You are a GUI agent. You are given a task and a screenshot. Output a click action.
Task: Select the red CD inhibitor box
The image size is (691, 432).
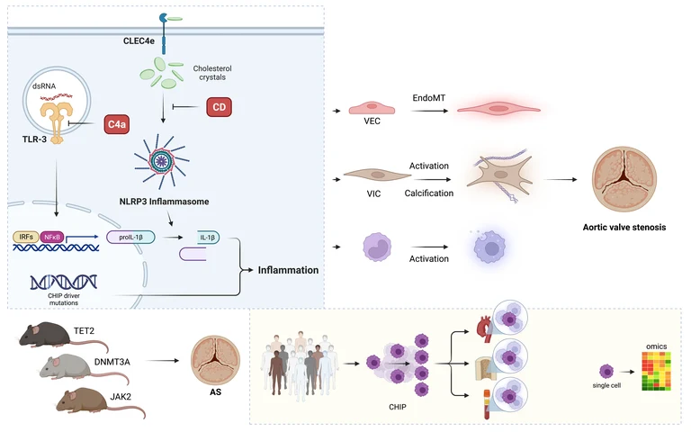[x=220, y=107]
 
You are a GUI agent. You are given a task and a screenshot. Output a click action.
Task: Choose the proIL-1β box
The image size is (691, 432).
[x=130, y=238]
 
